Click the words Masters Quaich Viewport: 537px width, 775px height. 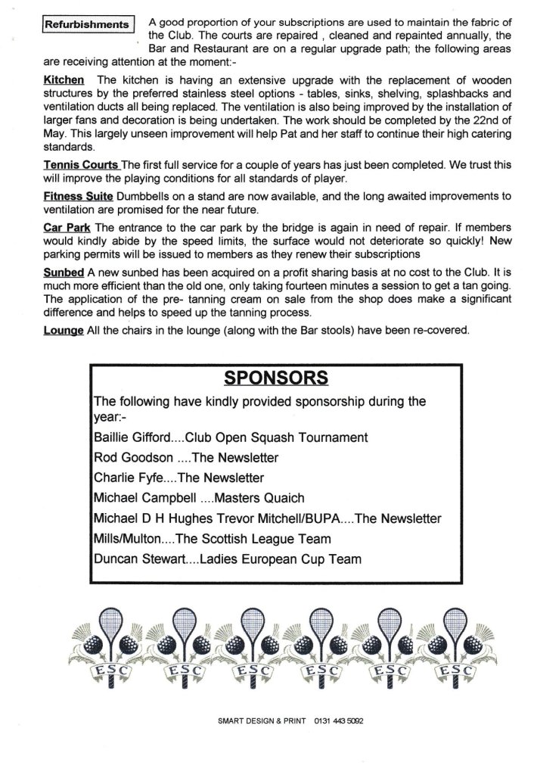pyautogui.click(x=263, y=499)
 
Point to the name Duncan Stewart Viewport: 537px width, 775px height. pyautogui.click(x=135, y=560)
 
